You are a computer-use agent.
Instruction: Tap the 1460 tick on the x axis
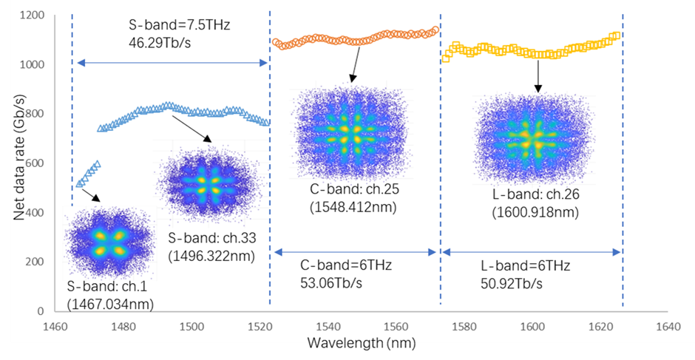click(x=55, y=325)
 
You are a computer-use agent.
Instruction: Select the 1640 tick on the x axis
click(x=668, y=325)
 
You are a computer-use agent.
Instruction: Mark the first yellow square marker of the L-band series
click(x=446, y=57)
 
